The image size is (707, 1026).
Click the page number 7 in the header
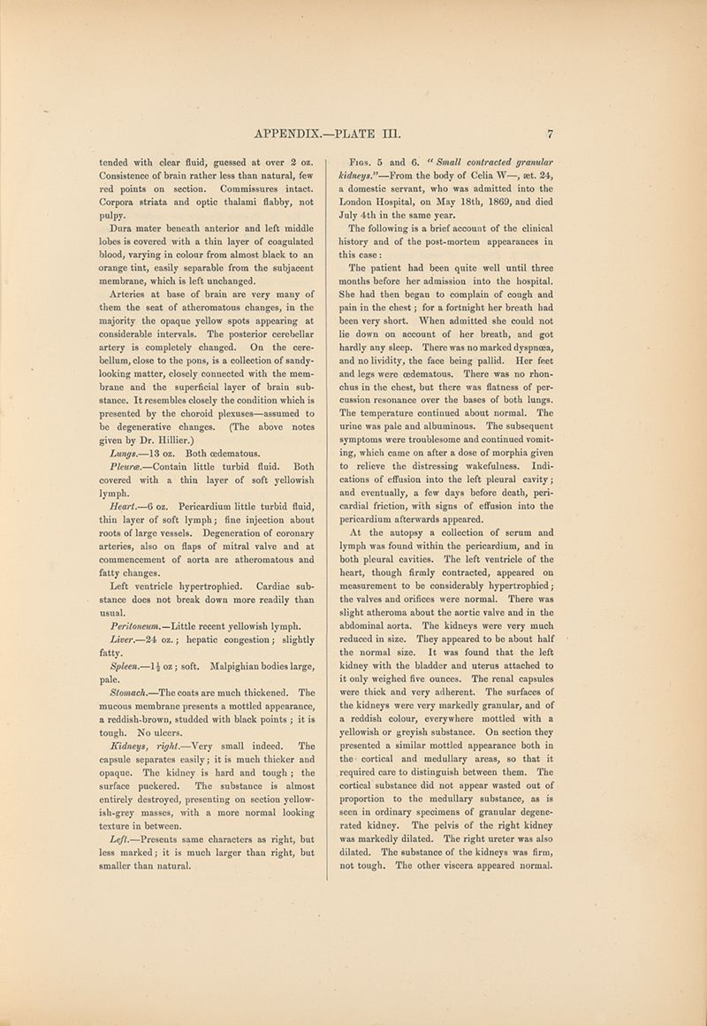pos(550,135)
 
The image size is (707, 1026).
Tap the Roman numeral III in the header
pos(390,135)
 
